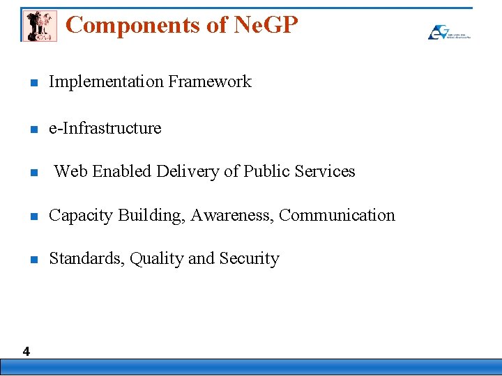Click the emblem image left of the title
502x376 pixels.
pyautogui.click(x=39, y=26)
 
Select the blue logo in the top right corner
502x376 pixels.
pyautogui.click(x=448, y=31)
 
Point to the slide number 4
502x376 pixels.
pyautogui.click(x=26, y=352)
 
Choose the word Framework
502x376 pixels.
pyautogui.click(x=210, y=81)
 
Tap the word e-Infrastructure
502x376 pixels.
pyautogui.click(x=105, y=128)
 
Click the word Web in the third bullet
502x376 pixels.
pyautogui.click(x=71, y=171)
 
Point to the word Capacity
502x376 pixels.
pyautogui.click(x=80, y=215)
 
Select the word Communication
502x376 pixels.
pyautogui.click(x=337, y=215)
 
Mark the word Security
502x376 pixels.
pyautogui.click(x=250, y=259)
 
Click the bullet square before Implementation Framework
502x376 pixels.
pyautogui.click(x=33, y=83)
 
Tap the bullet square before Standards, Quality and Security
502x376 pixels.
pyautogui.click(x=33, y=260)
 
